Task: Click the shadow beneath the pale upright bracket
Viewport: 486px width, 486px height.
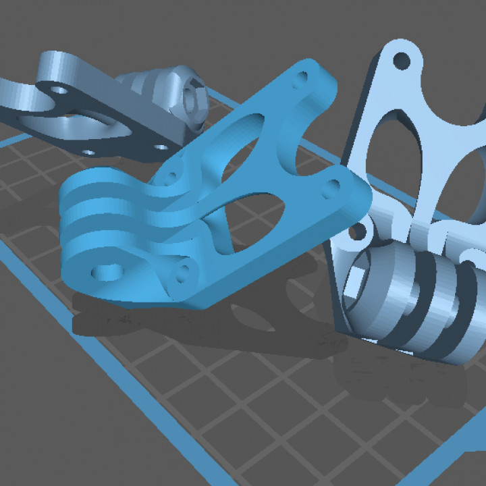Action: click(x=398, y=378)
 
